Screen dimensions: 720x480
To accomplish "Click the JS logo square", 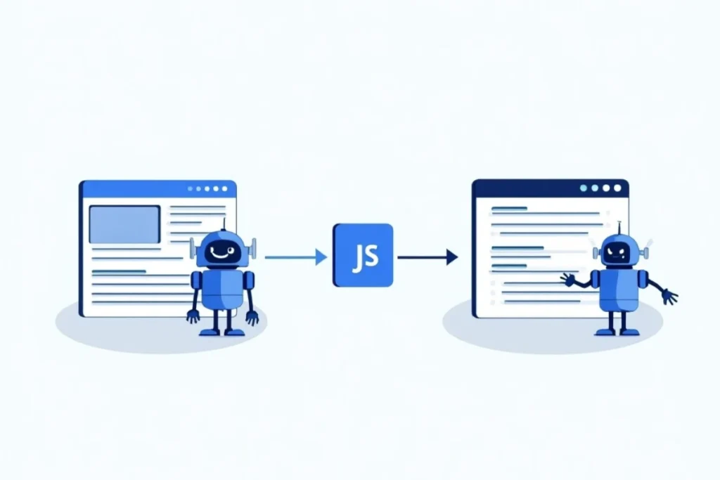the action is [x=363, y=255].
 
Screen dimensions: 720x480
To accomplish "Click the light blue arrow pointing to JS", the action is [x=296, y=257].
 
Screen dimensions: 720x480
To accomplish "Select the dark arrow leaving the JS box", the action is [x=427, y=257].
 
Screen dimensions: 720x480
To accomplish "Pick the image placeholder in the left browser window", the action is [x=124, y=224].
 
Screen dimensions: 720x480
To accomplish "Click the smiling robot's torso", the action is [x=223, y=290].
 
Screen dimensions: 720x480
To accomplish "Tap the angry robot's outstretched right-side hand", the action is [x=669, y=296].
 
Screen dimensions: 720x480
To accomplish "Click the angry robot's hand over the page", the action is [x=568, y=279].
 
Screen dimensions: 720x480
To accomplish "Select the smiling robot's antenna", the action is [x=224, y=224].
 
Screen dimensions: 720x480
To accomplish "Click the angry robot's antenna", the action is [x=619, y=228].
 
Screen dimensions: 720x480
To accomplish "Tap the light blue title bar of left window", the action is [x=158, y=188].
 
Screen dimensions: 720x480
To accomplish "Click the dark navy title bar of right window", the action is [x=550, y=188].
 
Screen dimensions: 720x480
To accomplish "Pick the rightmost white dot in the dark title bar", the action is [x=617, y=188].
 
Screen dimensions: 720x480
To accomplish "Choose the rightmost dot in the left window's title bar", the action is [x=224, y=188].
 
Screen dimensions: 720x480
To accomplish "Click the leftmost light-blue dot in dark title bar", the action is [x=584, y=188].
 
